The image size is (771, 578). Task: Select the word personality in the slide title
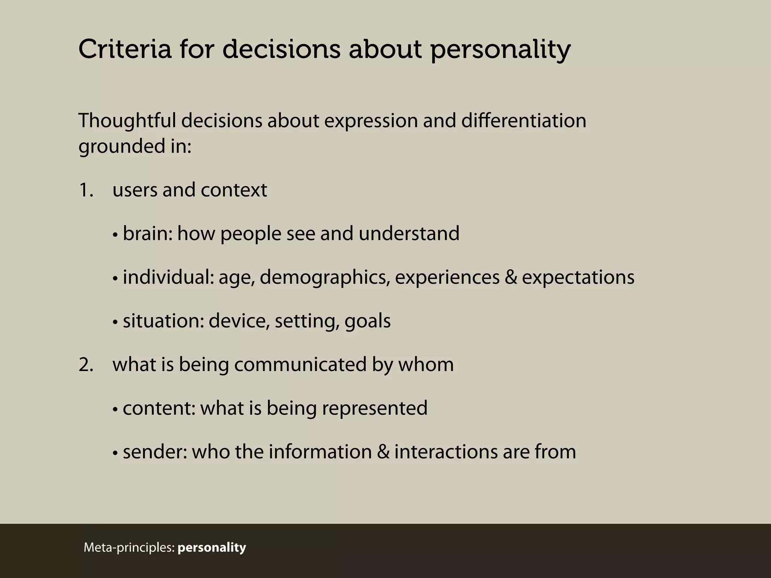pos(500,50)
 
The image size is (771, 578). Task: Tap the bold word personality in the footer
pos(212,547)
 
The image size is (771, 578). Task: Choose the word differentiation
pos(524,121)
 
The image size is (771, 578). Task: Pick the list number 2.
pos(85,365)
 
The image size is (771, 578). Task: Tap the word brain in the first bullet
pos(145,234)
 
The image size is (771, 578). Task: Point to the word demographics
pos(324,278)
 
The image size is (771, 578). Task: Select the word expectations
pos(578,278)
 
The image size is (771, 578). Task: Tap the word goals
pos(367,322)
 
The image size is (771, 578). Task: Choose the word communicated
pos(300,365)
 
